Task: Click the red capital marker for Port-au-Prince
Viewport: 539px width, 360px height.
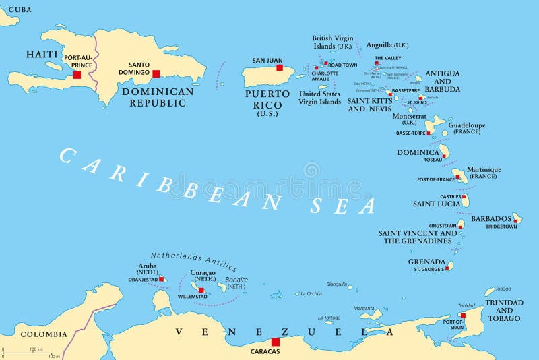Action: pos(77,75)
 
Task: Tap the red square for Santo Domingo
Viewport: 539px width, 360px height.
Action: pos(156,74)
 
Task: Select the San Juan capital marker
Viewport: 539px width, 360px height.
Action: pos(279,67)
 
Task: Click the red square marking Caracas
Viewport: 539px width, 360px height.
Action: pos(275,342)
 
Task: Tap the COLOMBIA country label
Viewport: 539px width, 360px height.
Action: pos(44,334)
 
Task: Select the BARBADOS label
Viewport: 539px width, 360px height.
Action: pos(491,219)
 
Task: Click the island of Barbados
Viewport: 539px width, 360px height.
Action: pos(517,218)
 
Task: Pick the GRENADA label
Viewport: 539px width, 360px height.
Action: pos(426,262)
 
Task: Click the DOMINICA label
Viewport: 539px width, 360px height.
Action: pos(418,153)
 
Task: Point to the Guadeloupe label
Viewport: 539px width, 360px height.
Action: pos(466,125)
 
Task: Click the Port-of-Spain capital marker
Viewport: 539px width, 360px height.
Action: pos(463,315)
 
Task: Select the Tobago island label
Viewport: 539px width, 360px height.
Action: pos(503,288)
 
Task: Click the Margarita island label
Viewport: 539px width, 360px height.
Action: pos(364,308)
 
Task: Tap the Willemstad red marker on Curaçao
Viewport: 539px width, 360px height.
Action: pos(201,290)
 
